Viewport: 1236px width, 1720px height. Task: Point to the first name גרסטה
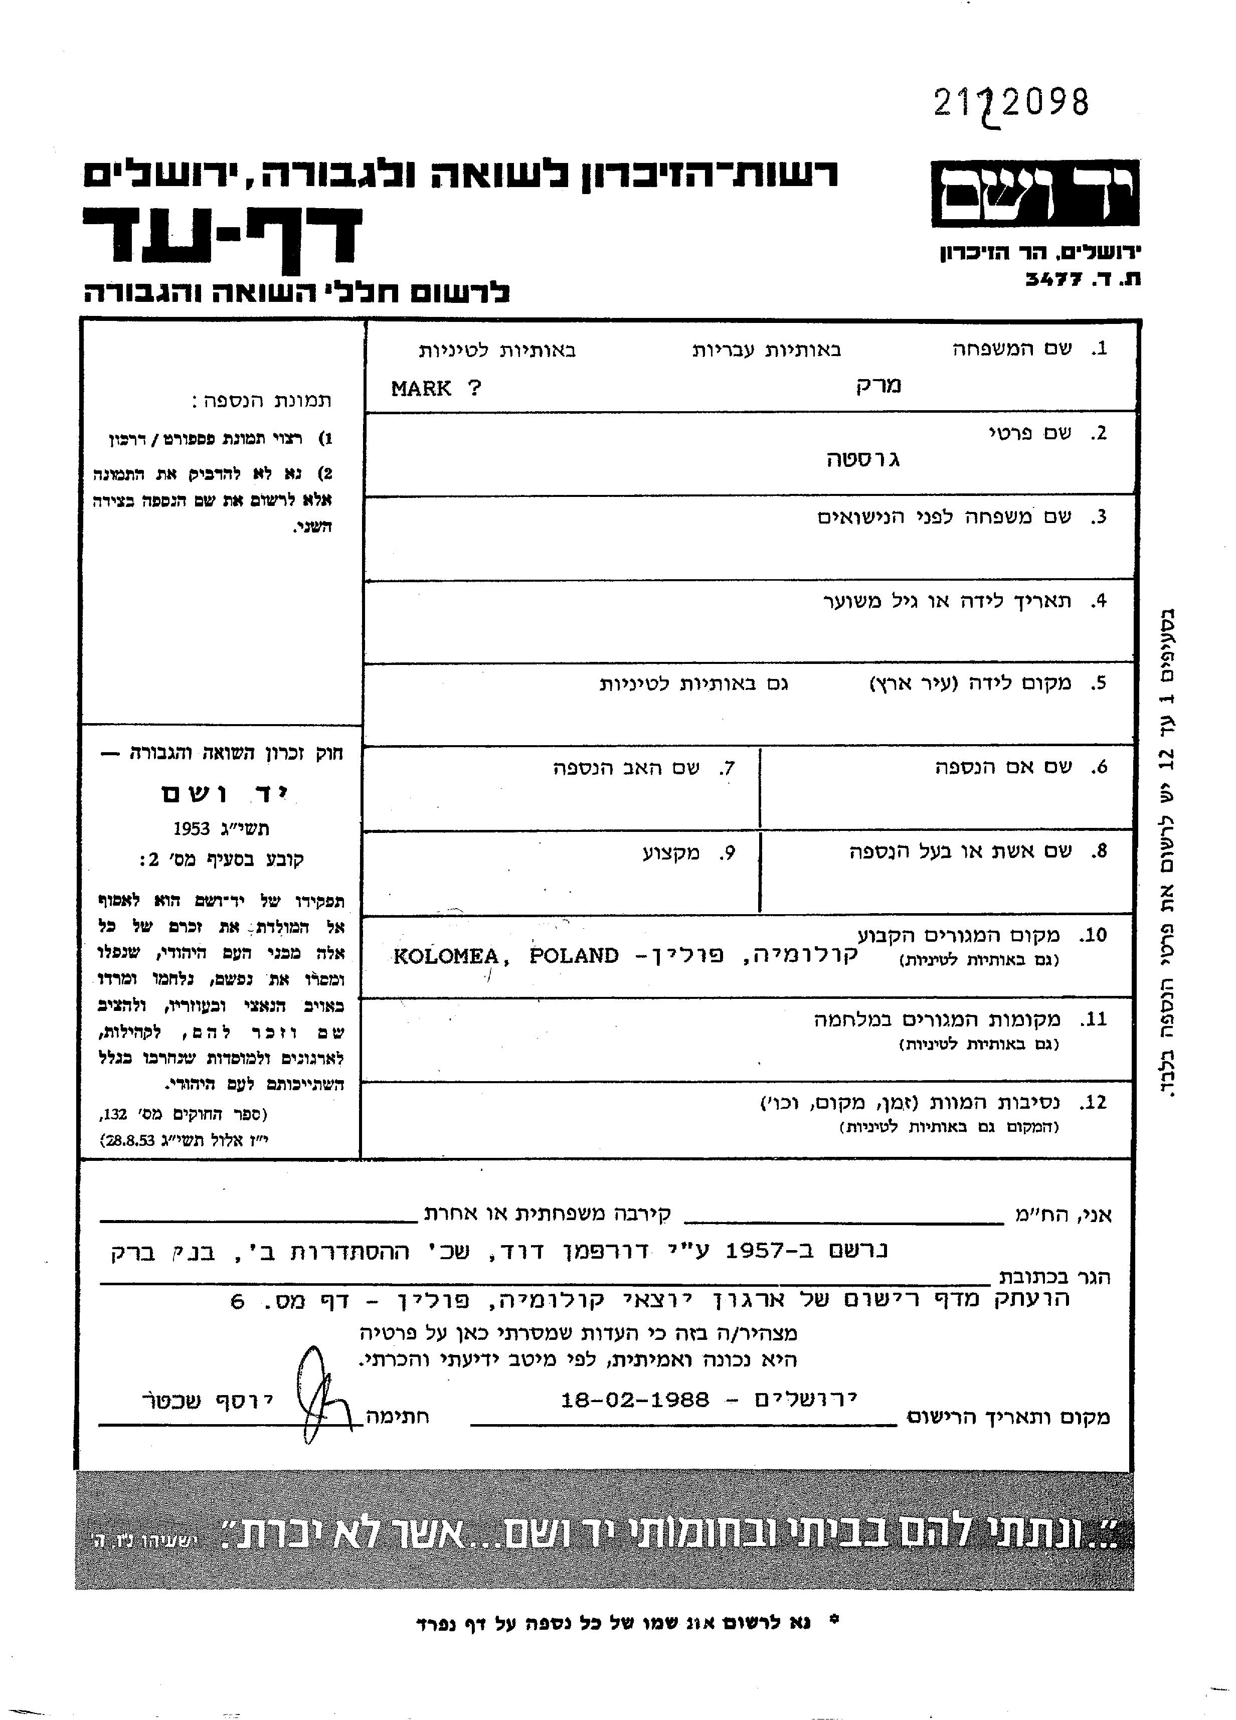[863, 459]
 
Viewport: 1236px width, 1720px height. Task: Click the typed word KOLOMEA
[446, 956]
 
